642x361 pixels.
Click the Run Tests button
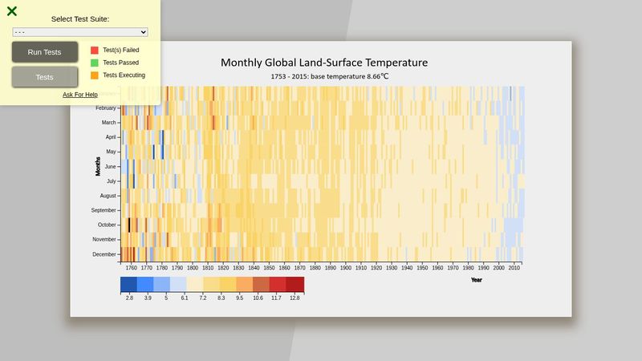click(44, 52)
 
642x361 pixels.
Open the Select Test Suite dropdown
click(80, 32)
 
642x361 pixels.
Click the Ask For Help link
click(80, 95)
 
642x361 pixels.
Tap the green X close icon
click(12, 11)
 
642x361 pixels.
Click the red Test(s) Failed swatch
click(95, 50)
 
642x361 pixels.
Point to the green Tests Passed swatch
click(95, 63)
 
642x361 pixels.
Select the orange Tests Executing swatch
click(95, 75)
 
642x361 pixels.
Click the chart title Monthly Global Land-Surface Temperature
click(324, 63)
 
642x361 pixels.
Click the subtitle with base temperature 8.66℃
click(330, 77)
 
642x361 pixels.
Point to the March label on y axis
click(108, 123)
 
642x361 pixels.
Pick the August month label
click(108, 196)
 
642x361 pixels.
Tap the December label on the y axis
click(104, 254)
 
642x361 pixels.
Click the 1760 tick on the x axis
click(131, 268)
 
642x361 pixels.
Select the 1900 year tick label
click(345, 268)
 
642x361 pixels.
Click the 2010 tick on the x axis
click(514, 268)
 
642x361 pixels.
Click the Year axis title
click(477, 280)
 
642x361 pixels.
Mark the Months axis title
click(98, 166)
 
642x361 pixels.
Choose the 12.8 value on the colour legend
click(295, 298)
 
